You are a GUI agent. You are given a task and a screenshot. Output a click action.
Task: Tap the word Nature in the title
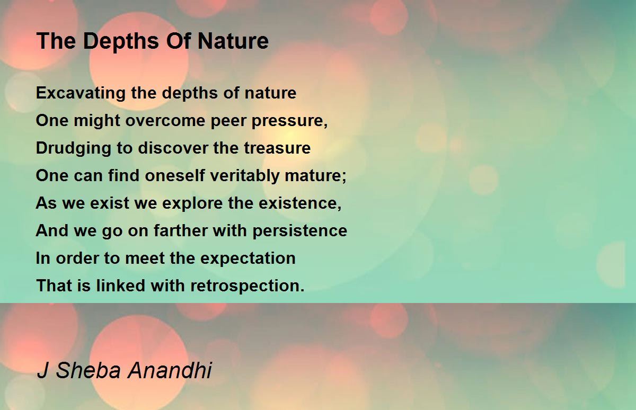(233, 41)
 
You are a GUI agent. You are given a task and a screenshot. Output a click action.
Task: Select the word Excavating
(81, 93)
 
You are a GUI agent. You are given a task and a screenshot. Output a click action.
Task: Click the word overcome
(165, 121)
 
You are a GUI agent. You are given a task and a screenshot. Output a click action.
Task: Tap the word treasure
(277, 148)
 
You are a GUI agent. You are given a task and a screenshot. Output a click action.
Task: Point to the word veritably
(245, 176)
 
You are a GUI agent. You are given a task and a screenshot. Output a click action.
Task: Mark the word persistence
(299, 231)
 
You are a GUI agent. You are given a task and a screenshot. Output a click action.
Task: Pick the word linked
(121, 285)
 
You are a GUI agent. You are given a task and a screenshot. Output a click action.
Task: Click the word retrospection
(247, 286)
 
